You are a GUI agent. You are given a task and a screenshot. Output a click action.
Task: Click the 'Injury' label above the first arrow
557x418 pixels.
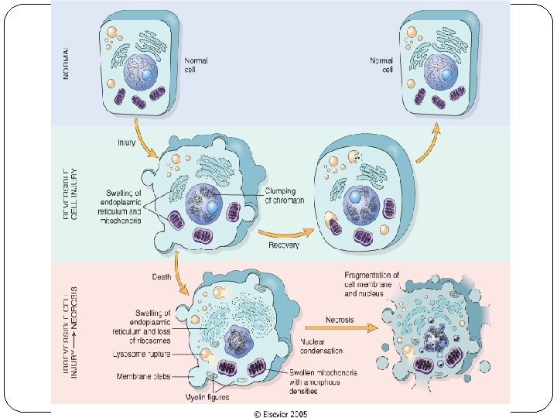point(128,143)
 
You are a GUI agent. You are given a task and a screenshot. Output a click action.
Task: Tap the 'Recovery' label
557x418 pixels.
point(284,245)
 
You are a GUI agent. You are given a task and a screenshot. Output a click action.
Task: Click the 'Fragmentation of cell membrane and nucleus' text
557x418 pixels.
point(371,283)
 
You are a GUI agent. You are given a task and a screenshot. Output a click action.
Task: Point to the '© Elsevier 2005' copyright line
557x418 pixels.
point(280,413)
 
